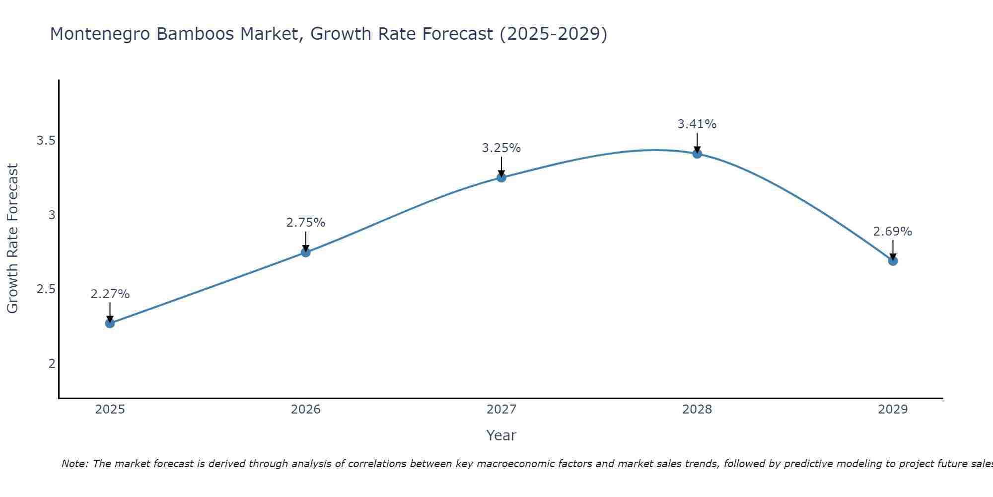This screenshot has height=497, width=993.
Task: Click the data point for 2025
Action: point(110,323)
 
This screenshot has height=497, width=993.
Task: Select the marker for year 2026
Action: point(306,252)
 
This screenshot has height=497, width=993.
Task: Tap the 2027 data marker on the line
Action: point(501,177)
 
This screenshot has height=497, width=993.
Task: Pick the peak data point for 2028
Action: point(697,154)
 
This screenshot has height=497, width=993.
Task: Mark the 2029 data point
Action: point(893,260)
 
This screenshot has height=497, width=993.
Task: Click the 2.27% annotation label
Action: point(110,294)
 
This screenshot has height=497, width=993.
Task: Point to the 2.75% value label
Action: point(306,223)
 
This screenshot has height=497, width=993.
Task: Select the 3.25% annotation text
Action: point(501,148)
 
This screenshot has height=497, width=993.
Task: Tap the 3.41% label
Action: point(697,124)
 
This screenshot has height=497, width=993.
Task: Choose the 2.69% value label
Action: point(893,232)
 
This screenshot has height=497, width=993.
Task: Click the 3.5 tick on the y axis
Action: point(46,141)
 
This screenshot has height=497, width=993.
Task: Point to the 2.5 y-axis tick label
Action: point(46,289)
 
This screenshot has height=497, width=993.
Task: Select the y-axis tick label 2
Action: point(52,364)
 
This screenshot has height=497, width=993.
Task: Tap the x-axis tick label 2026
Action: point(306,410)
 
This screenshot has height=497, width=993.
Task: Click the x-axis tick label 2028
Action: point(697,410)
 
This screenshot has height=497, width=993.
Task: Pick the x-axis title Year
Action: point(501,435)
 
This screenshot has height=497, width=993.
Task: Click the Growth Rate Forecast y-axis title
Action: point(13,239)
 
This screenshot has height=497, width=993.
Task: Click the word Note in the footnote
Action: point(74,464)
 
